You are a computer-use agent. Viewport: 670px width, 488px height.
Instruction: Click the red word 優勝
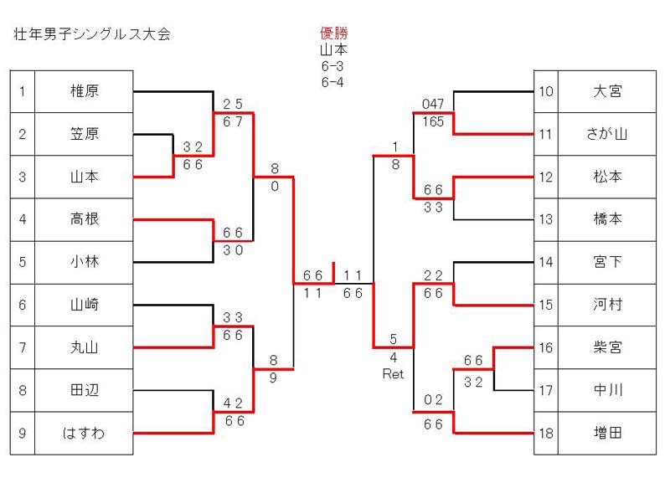tap(334, 33)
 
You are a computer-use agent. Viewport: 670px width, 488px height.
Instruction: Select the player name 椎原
tap(84, 92)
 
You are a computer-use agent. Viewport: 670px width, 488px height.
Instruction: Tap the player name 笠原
tap(84, 134)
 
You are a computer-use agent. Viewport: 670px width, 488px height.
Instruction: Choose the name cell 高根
tap(84, 219)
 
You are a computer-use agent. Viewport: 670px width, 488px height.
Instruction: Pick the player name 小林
tap(84, 262)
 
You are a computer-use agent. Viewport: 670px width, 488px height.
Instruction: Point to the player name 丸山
tap(84, 347)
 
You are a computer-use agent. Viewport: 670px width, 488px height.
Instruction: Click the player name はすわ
tap(84, 433)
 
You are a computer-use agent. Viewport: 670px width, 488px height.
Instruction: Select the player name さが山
tap(607, 134)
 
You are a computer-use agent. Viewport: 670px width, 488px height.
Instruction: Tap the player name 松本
tap(607, 177)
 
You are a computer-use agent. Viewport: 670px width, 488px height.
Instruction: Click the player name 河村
tap(607, 305)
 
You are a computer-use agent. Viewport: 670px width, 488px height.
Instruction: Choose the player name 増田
tap(607, 433)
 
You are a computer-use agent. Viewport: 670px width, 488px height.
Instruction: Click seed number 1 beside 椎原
tap(23, 92)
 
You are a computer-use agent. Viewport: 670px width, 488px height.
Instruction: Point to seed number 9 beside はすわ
tap(23, 433)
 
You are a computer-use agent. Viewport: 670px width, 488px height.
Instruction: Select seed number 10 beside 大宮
tap(545, 92)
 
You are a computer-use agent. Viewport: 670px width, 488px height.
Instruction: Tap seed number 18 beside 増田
tap(545, 433)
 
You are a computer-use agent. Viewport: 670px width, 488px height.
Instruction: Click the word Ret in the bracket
tap(393, 375)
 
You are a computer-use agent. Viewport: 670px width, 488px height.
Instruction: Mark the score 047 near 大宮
tap(433, 104)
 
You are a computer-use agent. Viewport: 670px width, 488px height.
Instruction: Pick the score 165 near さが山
tap(433, 121)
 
